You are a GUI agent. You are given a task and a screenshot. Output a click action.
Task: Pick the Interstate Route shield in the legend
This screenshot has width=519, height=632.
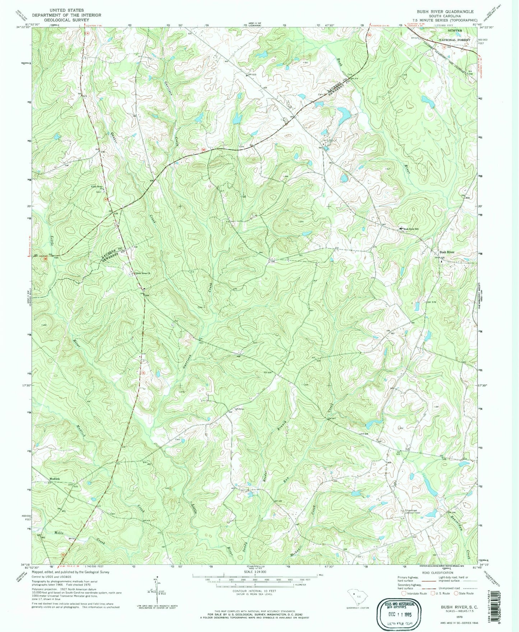click(404, 593)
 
